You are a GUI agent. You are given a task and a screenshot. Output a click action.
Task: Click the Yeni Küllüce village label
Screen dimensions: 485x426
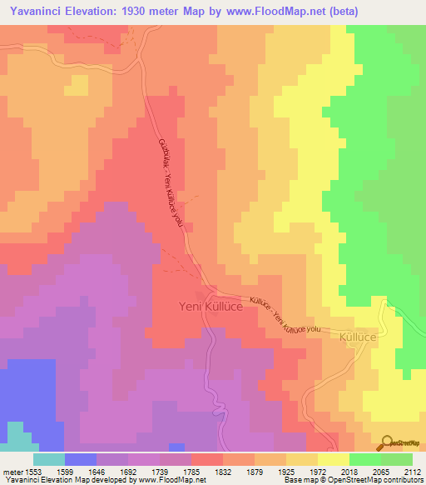(210, 307)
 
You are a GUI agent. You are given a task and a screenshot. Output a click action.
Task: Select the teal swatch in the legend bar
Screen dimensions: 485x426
(48, 459)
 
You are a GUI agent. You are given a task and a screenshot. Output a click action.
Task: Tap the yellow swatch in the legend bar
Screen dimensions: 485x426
(333, 459)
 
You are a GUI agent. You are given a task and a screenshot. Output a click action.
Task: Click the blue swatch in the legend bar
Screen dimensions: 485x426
(80, 459)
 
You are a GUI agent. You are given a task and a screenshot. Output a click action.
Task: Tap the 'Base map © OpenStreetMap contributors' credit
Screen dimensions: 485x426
(350, 480)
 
